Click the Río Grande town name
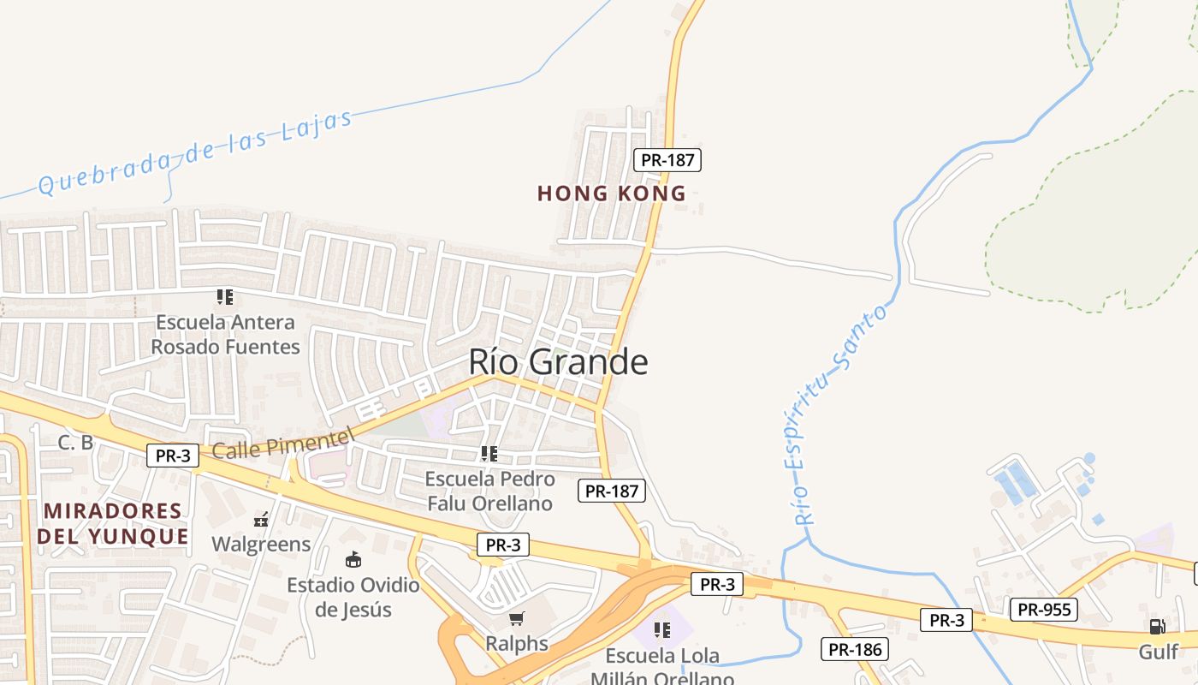pyautogui.click(x=558, y=362)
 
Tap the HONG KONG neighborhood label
pyautogui.click(x=611, y=194)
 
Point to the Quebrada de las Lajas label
pyautogui.click(x=195, y=152)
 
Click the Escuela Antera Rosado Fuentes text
pyautogui.click(x=226, y=335)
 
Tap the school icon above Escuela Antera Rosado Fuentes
pyautogui.click(x=225, y=297)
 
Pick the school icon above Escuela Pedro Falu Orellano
pyautogui.click(x=489, y=454)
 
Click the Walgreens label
pyautogui.click(x=261, y=545)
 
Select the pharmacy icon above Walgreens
pyautogui.click(x=261, y=519)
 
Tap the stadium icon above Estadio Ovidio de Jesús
pyautogui.click(x=353, y=560)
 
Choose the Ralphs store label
pyautogui.click(x=517, y=643)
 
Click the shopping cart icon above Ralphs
pyautogui.click(x=516, y=618)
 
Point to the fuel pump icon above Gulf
pyautogui.click(x=1157, y=627)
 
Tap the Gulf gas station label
pyautogui.click(x=1158, y=652)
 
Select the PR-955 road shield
pyautogui.click(x=1043, y=610)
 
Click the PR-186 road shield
pyautogui.click(x=854, y=649)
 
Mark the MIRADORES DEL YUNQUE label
pyautogui.click(x=112, y=524)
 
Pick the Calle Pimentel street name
pyautogui.click(x=282, y=444)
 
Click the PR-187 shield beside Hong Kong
pyautogui.click(x=667, y=159)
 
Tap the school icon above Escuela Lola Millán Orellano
pyautogui.click(x=661, y=631)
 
